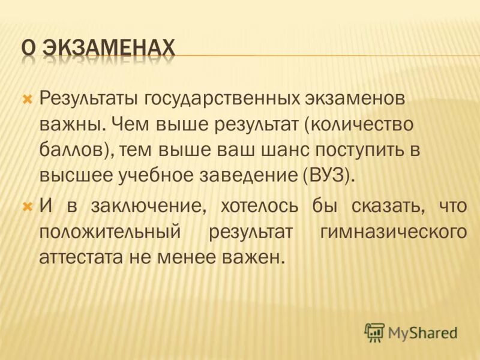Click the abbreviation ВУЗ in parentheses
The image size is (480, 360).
[x=328, y=176]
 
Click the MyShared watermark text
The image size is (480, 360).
[x=422, y=332]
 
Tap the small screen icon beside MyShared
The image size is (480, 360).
[x=374, y=332]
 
